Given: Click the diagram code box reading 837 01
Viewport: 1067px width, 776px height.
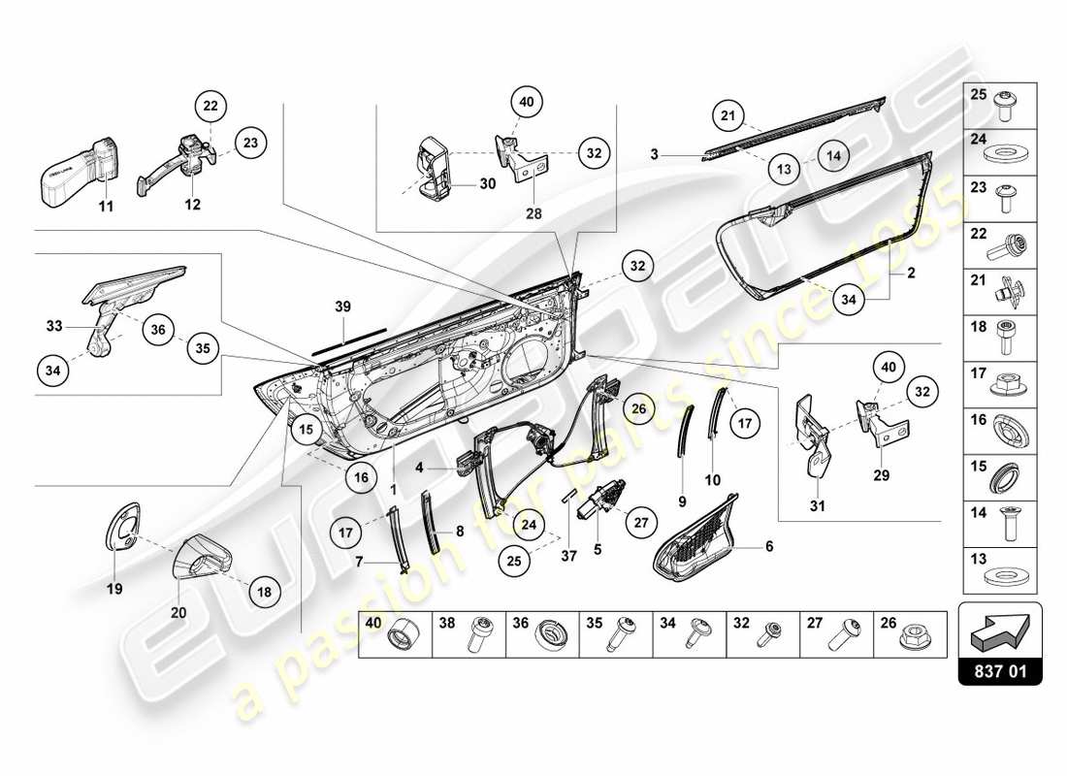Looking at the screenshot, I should point(1000,669).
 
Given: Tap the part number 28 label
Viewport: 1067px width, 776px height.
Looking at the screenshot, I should point(533,212).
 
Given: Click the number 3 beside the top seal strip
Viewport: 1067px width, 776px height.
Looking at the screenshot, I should point(655,154).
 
